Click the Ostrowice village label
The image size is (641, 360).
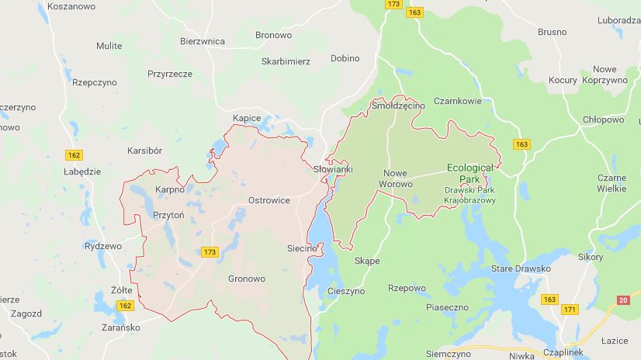269,200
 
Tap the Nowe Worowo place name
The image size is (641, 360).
395,178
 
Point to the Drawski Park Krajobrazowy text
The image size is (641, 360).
469,195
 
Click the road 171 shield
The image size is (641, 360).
570,310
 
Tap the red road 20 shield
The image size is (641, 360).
623,300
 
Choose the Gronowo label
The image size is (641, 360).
247,279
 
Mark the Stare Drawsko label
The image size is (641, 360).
521,269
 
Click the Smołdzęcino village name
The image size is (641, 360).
399,105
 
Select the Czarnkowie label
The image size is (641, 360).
458,101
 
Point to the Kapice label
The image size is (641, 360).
247,118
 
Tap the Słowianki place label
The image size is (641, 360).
333,169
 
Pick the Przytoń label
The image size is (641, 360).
168,216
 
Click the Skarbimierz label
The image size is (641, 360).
286,61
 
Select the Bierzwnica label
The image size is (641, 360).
203,41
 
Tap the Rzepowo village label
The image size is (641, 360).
407,288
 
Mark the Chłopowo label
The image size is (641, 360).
603,119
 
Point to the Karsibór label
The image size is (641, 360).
144,151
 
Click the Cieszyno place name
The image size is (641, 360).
346,292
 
